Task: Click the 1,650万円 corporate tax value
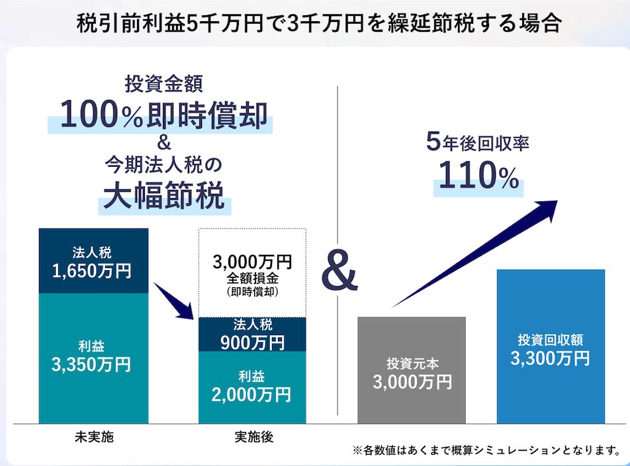click(x=93, y=270)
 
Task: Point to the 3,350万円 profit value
click(x=93, y=364)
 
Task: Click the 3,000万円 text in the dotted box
click(x=252, y=261)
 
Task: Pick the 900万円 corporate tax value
click(x=252, y=342)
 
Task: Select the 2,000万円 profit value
click(x=252, y=395)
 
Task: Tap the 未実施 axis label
click(x=93, y=437)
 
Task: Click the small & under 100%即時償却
click(x=164, y=142)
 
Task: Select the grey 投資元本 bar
click(x=412, y=371)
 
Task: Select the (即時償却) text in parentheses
click(x=252, y=291)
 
